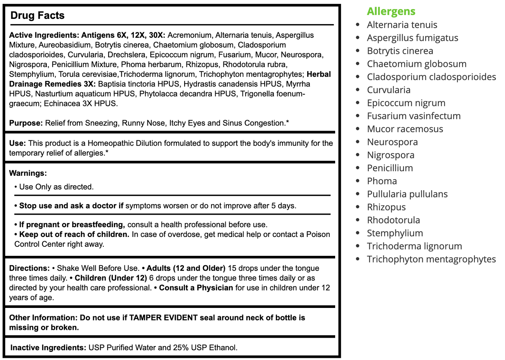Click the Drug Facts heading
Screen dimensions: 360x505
tap(37, 15)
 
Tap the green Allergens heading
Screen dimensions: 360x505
tap(391, 11)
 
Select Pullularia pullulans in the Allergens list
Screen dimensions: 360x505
tap(407, 194)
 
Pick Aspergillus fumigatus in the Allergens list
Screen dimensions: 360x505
tap(412, 38)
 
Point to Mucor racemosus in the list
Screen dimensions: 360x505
tap(405, 129)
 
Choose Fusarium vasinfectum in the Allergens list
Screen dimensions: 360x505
tap(413, 116)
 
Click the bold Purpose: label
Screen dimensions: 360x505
tap(26, 123)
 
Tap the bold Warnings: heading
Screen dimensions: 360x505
tap(28, 173)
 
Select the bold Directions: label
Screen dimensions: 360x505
tap(29, 268)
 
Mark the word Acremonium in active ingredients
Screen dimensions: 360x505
tap(189, 35)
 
